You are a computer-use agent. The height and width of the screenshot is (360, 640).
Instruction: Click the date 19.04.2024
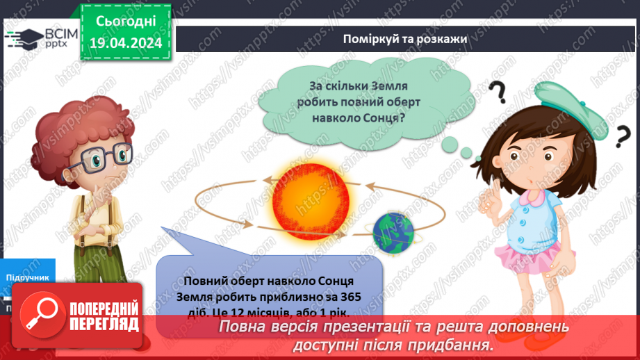(x=126, y=43)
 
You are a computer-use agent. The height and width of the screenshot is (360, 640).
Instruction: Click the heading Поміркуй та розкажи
(x=404, y=38)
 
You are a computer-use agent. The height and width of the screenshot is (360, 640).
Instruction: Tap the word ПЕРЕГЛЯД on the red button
(x=104, y=324)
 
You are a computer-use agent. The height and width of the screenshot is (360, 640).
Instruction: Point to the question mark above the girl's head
(x=498, y=92)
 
